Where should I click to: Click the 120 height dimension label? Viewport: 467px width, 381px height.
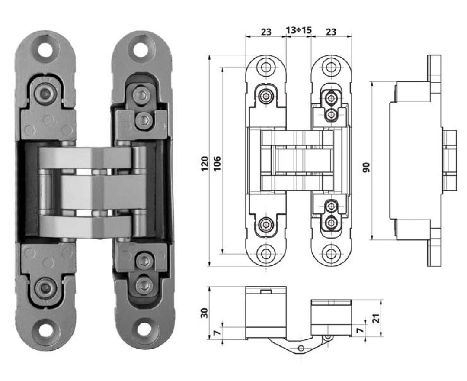[205, 164]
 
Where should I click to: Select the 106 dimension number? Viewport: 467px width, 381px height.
[218, 163]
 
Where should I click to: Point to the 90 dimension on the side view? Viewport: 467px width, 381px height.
[366, 167]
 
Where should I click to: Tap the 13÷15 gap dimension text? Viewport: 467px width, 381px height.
[299, 30]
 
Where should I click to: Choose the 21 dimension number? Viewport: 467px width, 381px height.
[377, 319]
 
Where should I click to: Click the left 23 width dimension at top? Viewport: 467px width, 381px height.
[266, 32]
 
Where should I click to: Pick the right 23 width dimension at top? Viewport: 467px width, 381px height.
[331, 32]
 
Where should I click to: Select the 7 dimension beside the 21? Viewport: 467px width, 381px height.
[360, 330]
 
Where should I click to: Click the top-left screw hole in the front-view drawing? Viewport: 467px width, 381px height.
[265, 67]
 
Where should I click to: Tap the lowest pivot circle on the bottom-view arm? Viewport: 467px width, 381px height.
[301, 348]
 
